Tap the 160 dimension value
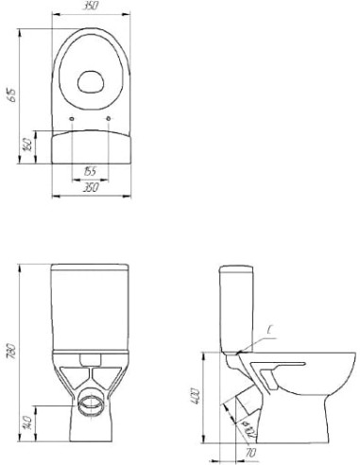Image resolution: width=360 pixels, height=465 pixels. point(29,145)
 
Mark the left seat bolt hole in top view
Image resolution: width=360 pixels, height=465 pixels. point(73,117)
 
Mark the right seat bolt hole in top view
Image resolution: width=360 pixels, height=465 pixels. point(111,117)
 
